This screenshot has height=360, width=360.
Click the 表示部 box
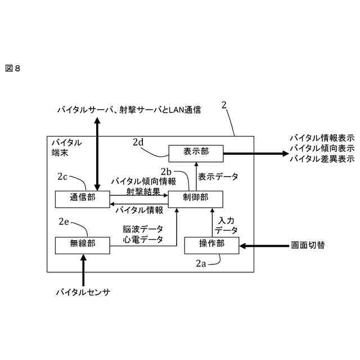click(x=196, y=151)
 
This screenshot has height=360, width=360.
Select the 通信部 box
click(x=82, y=198)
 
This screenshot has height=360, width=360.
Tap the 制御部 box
click(x=196, y=198)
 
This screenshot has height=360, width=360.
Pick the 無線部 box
click(x=82, y=245)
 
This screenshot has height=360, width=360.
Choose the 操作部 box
click(x=212, y=245)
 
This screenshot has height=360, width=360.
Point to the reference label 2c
click(x=62, y=177)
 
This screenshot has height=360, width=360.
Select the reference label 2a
click(x=201, y=262)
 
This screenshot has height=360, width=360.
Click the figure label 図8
click(x=12, y=68)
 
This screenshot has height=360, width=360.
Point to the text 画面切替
click(x=308, y=245)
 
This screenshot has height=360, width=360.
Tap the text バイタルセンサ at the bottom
click(x=83, y=292)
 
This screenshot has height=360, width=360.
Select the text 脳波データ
click(x=143, y=229)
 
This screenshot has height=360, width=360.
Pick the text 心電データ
click(x=143, y=240)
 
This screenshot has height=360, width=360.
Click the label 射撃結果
click(x=143, y=191)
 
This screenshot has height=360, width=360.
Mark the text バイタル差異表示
click(x=321, y=158)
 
